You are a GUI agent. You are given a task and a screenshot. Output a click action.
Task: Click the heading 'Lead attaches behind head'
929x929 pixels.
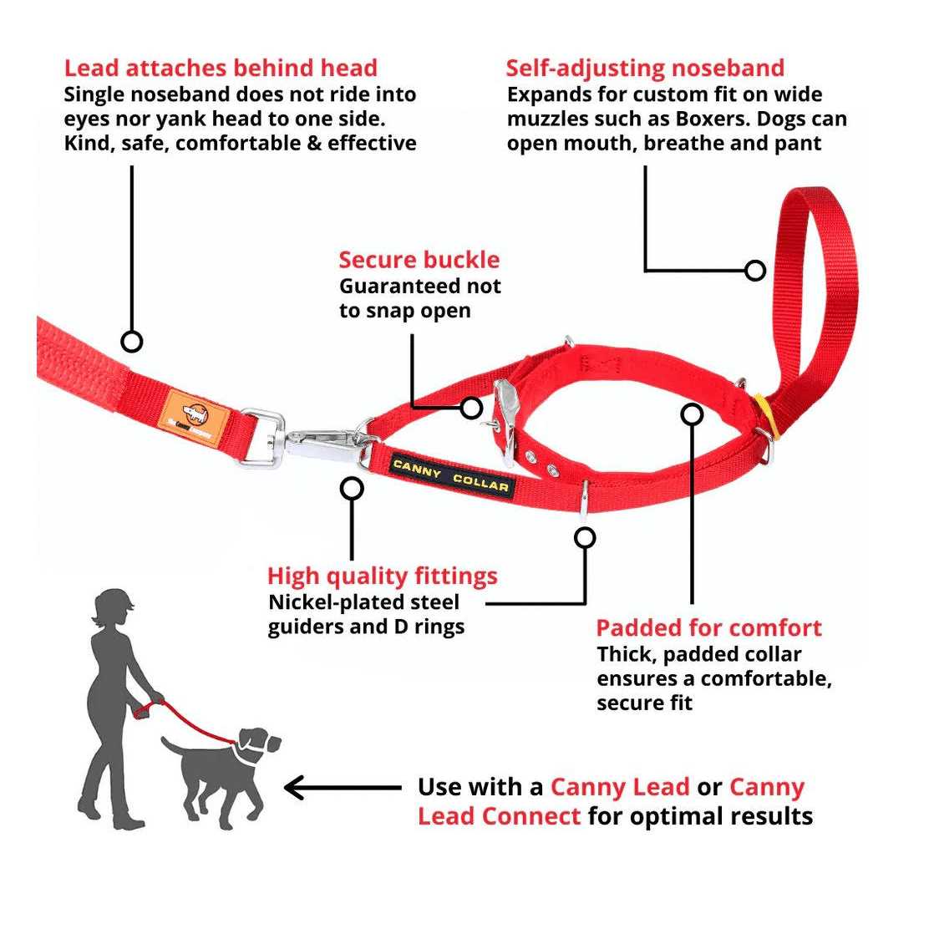click(221, 68)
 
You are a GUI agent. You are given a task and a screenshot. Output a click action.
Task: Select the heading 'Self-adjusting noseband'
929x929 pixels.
click(645, 68)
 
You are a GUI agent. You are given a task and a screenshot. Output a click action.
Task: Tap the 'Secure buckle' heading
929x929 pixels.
click(419, 260)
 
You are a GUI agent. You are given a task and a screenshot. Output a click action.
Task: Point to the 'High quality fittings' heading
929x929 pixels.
click(382, 576)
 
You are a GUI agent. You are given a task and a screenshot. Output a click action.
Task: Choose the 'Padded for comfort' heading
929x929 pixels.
click(708, 628)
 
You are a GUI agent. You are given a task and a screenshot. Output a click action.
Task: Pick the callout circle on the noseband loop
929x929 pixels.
click(755, 271)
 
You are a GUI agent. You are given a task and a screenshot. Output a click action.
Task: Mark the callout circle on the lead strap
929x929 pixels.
click(132, 341)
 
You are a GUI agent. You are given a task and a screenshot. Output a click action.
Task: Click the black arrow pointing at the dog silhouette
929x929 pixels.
click(343, 787)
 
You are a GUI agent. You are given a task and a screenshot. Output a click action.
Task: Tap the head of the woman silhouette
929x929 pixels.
click(110, 607)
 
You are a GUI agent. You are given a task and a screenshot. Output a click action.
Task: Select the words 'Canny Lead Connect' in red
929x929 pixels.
click(499, 815)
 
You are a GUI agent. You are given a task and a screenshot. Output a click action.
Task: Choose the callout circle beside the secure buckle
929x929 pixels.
click(472, 408)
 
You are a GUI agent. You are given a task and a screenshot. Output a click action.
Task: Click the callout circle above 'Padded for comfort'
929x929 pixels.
click(692, 414)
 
